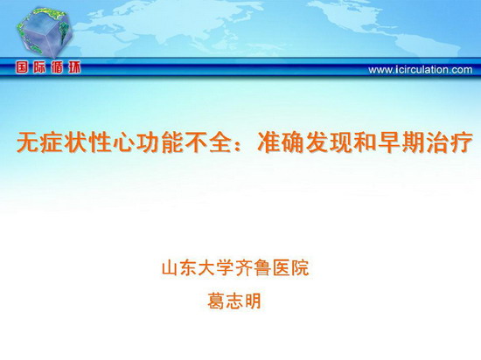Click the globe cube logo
coord(44,33)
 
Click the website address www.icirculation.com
coord(421,70)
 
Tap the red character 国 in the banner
coord(22,67)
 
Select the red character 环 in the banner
coord(74,67)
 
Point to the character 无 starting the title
coord(28,142)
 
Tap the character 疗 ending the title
coord(461,142)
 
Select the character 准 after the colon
coord(268,142)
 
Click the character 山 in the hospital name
coord(171,267)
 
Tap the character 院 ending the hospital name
coord(300,267)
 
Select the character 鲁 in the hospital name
coord(263,267)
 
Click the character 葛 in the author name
coord(216,301)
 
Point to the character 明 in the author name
coord(252,301)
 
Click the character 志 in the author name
coord(234,301)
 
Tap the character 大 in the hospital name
coord(207,267)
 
